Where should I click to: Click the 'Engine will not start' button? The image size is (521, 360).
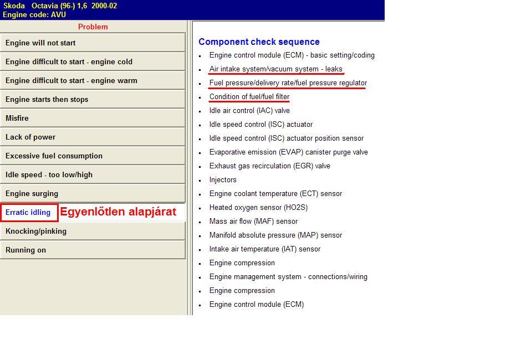93,43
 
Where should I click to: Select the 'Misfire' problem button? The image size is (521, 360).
93,119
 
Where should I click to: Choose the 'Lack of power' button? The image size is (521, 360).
93,137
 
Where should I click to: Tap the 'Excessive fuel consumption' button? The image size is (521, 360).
93,156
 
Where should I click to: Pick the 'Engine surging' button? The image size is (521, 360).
93,194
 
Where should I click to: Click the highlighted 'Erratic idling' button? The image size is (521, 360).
29,213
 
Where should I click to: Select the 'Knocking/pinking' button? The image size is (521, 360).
93,232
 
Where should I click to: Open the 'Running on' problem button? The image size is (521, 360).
93,250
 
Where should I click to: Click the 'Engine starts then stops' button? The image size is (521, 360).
93,100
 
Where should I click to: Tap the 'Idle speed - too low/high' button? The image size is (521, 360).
93,175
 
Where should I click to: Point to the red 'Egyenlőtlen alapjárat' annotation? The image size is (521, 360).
118,212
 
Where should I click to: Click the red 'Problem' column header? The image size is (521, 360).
93,27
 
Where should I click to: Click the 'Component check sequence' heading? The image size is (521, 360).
259,42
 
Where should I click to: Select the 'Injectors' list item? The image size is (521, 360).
223,180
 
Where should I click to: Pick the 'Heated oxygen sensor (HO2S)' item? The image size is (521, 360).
258,208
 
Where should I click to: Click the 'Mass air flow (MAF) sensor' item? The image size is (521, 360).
253,222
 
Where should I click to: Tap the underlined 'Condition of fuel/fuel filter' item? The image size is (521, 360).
249,97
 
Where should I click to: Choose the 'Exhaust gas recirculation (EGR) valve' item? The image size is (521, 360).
269,166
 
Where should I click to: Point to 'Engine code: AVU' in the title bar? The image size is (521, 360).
34,15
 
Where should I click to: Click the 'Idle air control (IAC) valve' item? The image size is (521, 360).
249,111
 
